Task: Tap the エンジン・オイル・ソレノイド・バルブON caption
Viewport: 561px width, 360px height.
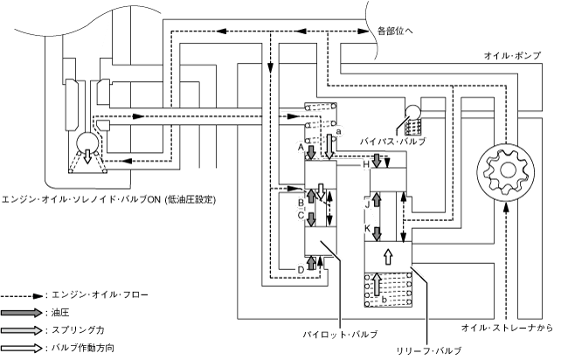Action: point(109,199)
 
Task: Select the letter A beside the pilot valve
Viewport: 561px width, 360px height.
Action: point(300,149)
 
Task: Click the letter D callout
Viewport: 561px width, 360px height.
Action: point(300,268)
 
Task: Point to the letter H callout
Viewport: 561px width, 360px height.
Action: point(366,164)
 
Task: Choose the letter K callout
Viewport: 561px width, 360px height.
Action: point(367,227)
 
